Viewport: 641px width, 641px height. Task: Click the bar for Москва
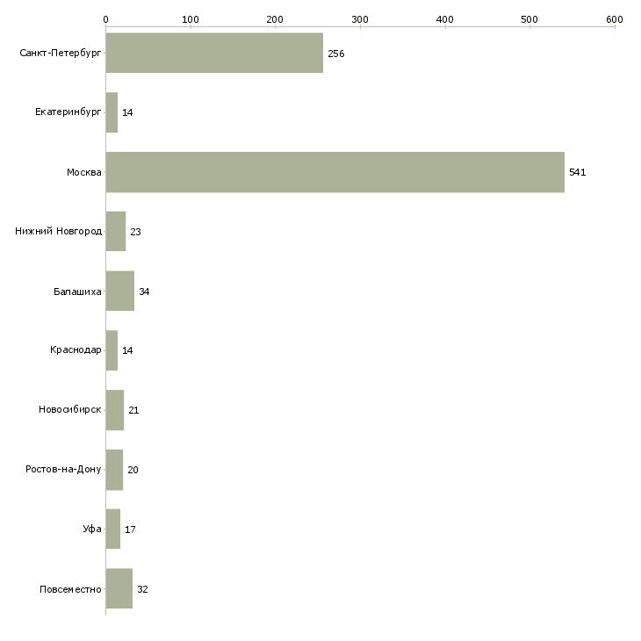pyautogui.click(x=335, y=172)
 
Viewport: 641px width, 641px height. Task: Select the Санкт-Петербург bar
pyautogui.click(x=214, y=53)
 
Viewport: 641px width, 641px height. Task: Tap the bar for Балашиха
pyautogui.click(x=119, y=291)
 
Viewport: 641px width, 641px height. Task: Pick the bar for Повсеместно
pyautogui.click(x=119, y=588)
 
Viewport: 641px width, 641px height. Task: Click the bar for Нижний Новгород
pyautogui.click(x=115, y=232)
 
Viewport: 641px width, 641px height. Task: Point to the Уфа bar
pyautogui.click(x=112, y=529)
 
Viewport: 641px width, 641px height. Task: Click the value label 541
pyautogui.click(x=577, y=172)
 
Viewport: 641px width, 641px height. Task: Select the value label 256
pyautogui.click(x=335, y=54)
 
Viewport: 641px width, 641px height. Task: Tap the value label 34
pyautogui.click(x=144, y=292)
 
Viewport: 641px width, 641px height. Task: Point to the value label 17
pyautogui.click(x=130, y=529)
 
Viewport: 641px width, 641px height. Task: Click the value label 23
pyautogui.click(x=135, y=232)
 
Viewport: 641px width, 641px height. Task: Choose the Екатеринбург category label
pyautogui.click(x=68, y=112)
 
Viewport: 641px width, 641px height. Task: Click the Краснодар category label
pyautogui.click(x=76, y=350)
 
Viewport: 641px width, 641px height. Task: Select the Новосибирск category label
pyautogui.click(x=70, y=410)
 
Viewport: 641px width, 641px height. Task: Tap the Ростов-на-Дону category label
pyautogui.click(x=64, y=470)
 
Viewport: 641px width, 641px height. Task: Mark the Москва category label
pyautogui.click(x=84, y=172)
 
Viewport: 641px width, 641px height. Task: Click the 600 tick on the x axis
pyautogui.click(x=614, y=18)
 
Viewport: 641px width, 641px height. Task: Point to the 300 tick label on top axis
pyautogui.click(x=359, y=18)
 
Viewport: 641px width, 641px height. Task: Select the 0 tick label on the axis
pyautogui.click(x=105, y=18)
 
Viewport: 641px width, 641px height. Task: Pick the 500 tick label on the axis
pyautogui.click(x=529, y=18)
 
